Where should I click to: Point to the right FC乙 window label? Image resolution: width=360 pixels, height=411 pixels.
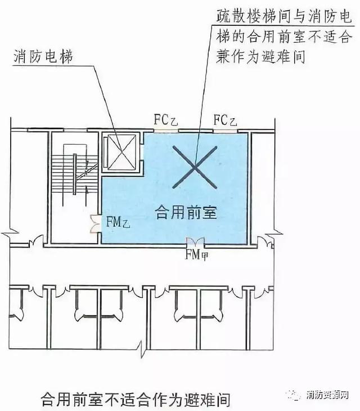point(224,120)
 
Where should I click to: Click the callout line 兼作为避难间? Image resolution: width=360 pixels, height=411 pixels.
point(260,56)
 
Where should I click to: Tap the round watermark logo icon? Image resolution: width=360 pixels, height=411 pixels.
point(297,394)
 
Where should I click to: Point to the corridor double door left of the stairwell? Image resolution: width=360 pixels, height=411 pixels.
point(35,243)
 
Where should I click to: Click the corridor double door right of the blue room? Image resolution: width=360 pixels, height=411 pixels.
point(263,243)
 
